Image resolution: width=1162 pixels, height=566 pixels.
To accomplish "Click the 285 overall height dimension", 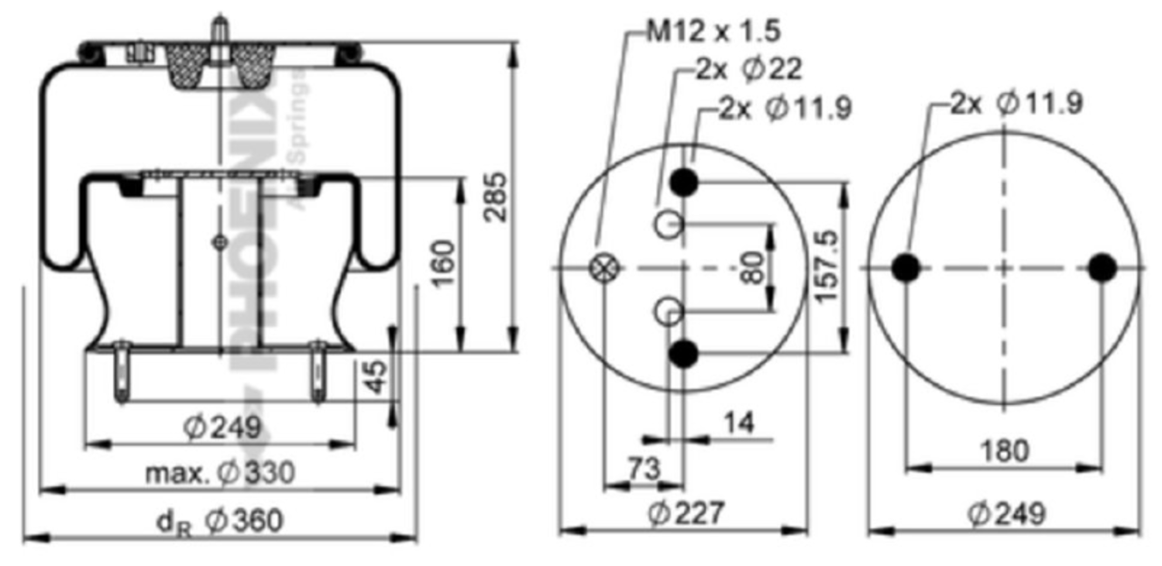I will click(x=495, y=196).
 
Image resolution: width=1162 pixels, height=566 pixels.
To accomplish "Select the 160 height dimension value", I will click(x=442, y=262).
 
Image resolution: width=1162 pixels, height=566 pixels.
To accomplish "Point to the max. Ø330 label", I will click(x=220, y=472).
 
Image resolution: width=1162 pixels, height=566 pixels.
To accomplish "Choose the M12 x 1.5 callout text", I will click(x=714, y=32).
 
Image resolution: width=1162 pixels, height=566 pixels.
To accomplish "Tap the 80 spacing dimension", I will click(x=752, y=266).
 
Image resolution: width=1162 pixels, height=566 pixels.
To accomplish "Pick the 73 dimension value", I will click(x=641, y=468).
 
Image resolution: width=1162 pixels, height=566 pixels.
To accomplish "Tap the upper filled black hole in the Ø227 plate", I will click(x=684, y=182).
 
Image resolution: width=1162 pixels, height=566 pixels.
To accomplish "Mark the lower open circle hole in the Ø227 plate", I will click(x=668, y=312).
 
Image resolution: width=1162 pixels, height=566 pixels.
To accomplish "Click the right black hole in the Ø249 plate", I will click(x=1102, y=268).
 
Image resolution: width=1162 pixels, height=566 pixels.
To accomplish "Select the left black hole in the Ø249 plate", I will click(x=905, y=268).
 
